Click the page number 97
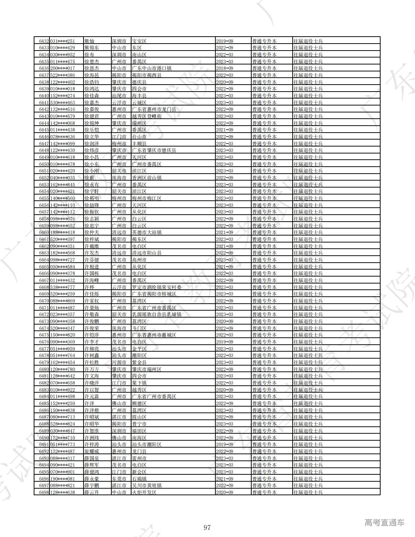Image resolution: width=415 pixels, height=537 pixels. point(207,527)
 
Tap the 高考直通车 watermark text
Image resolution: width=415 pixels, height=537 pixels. point(384,522)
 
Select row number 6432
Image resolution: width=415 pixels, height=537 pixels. point(44,41)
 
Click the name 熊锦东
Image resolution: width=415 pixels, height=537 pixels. point(92,48)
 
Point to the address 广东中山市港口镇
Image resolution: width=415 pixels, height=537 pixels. point(152,68)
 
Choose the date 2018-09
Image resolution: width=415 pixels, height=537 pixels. point(225,68)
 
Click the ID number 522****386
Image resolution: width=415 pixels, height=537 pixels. point(63,75)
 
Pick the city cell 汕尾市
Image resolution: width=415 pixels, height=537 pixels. point(119,96)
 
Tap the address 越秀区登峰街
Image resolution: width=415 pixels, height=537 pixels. point(147,116)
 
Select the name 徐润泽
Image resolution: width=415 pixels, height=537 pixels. point(92,144)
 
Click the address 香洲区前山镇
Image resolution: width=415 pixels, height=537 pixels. point(147,178)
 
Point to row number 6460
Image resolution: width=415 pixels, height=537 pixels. point(44,233)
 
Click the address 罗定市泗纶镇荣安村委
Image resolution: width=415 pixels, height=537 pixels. point(157,287)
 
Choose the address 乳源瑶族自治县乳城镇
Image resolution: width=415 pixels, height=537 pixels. point(157,314)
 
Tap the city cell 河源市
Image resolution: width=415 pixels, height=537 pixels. point(119,362)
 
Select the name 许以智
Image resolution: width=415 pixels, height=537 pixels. point(92,390)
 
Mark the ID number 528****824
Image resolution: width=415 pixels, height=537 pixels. point(63,424)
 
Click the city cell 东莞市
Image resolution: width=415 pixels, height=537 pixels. point(119,479)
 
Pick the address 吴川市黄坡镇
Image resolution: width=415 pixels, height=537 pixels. point(147,485)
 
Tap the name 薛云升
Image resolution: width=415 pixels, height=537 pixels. point(92,492)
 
